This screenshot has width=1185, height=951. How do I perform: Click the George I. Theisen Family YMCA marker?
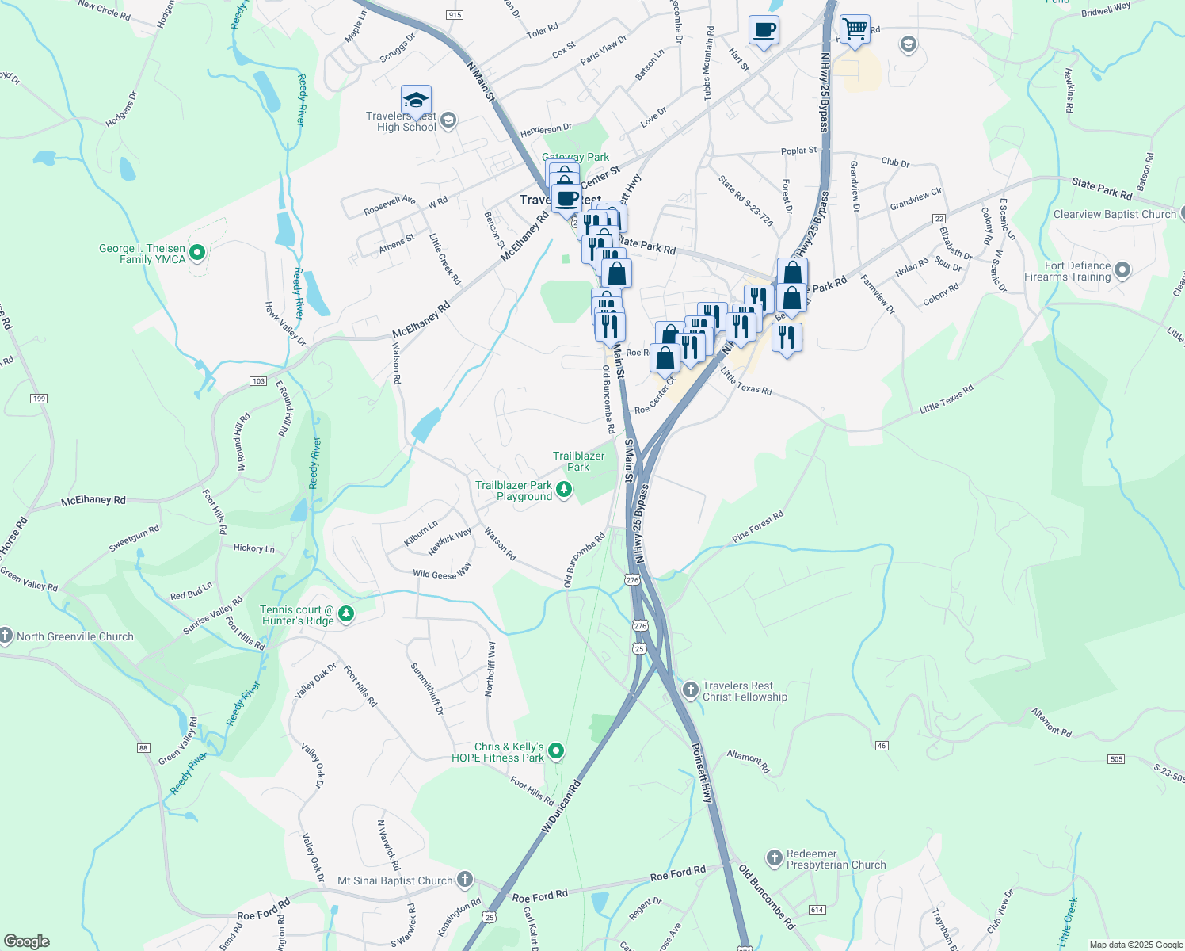pos(198,253)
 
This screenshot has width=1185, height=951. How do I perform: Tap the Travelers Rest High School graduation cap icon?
pos(416,101)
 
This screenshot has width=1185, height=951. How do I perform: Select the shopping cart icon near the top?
pos(855,30)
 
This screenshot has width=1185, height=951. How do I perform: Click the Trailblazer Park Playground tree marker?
pos(564,489)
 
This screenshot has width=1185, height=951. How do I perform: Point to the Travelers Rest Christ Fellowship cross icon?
pos(691,689)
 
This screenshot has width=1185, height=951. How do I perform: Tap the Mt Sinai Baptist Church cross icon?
pos(465,879)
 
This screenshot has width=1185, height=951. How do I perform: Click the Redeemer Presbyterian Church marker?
pos(774,858)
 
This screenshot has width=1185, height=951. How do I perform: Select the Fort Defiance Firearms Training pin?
pos(1122,271)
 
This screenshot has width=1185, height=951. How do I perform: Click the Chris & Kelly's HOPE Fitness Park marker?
pos(556,750)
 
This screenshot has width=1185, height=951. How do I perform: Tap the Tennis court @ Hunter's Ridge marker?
pos(345,613)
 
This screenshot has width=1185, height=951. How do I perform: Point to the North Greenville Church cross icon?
pos(6,636)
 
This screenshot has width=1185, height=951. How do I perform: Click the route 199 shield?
pos(40,398)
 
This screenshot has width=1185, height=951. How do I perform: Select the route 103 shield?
pos(258,381)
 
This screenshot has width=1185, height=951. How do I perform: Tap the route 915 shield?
pos(455,15)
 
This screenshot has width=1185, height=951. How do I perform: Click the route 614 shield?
pos(817,909)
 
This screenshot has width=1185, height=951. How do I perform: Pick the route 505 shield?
pos(1117,759)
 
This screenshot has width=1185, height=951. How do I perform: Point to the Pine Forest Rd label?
pos(758,526)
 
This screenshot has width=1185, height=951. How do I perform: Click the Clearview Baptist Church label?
pos(1115,214)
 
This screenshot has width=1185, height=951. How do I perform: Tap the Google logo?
pos(27,941)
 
